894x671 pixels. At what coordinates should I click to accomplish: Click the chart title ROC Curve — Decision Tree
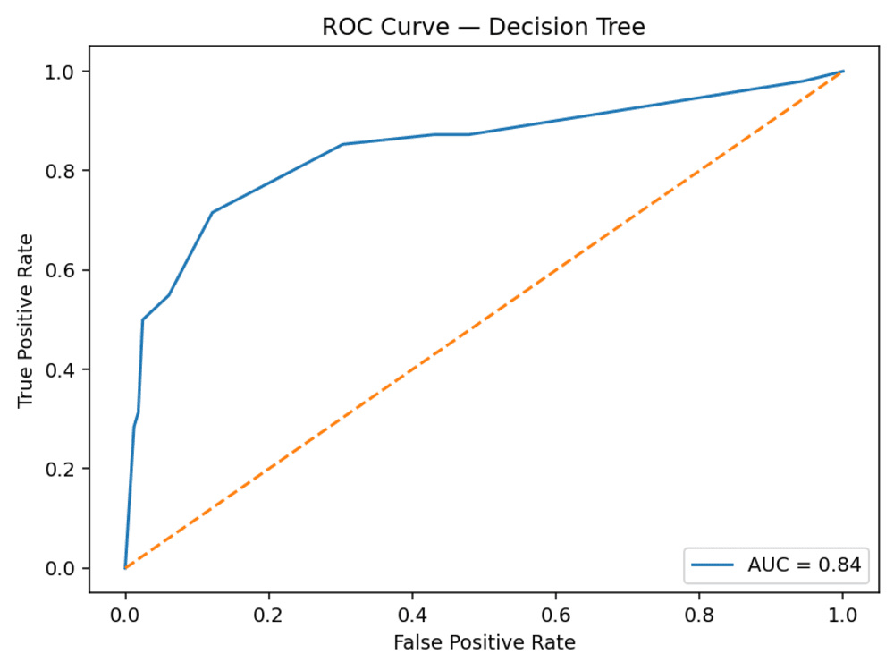click(x=484, y=27)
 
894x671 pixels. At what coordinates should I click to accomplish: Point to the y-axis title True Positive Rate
click(x=25, y=320)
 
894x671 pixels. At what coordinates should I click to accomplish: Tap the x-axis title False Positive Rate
click(x=484, y=642)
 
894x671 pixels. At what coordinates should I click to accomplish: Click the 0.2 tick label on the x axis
click(x=268, y=616)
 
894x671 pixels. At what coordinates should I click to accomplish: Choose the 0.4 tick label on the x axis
click(x=412, y=616)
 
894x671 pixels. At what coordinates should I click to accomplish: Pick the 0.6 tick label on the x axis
click(x=556, y=616)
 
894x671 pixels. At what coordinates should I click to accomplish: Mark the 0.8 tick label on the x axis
click(x=700, y=616)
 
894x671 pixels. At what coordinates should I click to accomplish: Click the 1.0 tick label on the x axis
click(x=843, y=616)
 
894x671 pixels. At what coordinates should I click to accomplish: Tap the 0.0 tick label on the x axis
click(x=125, y=616)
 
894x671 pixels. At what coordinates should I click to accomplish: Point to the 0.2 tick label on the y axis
click(x=61, y=469)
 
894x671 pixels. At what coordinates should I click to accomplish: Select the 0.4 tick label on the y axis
click(x=61, y=369)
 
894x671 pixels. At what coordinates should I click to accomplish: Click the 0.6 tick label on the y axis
click(x=61, y=270)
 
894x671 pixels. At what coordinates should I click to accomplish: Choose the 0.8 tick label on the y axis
click(x=61, y=171)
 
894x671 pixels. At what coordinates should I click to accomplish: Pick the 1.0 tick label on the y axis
click(x=61, y=72)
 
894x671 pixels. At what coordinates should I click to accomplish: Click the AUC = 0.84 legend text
click(x=804, y=565)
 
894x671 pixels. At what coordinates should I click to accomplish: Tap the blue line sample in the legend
click(x=713, y=565)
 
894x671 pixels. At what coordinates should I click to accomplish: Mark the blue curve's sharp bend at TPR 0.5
click(x=142, y=319)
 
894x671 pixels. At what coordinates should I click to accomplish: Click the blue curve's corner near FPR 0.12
click(x=212, y=212)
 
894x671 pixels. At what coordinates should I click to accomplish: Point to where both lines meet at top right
click(x=843, y=72)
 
